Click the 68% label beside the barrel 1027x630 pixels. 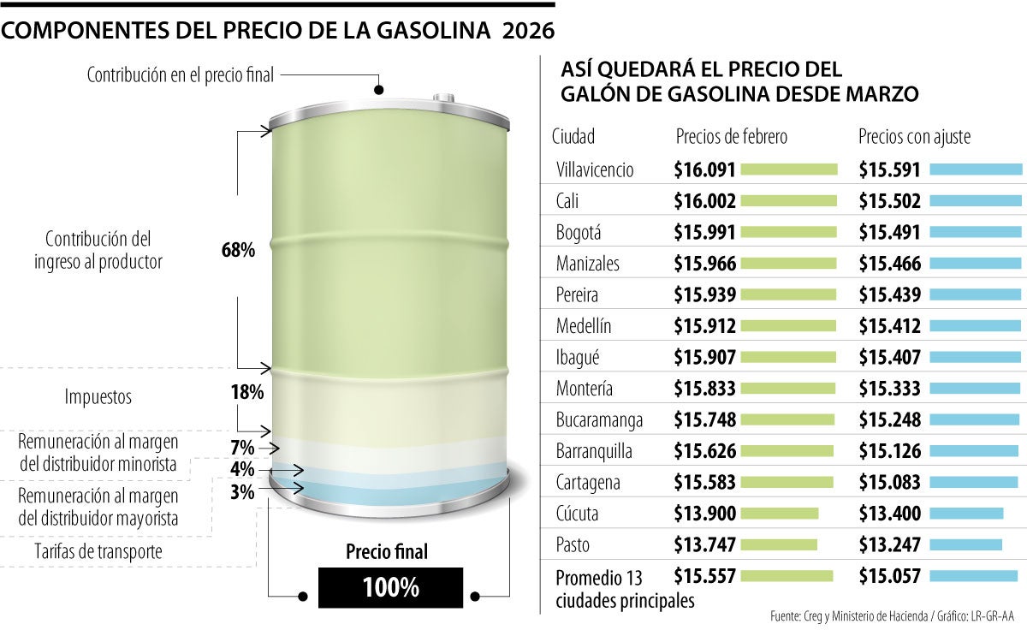pyautogui.click(x=238, y=251)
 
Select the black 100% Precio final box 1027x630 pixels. pyautogui.click(x=390, y=588)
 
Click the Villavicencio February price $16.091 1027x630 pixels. pyautogui.click(x=704, y=169)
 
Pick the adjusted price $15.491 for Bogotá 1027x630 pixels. pyautogui.click(x=889, y=232)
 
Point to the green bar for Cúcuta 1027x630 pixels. pyautogui.click(x=779, y=514)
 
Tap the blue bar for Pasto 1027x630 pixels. pyautogui.click(x=965, y=544)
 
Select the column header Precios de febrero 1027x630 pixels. pyautogui.click(x=731, y=137)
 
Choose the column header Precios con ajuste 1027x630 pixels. pyautogui.click(x=914, y=137)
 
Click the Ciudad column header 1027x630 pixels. pyautogui.click(x=573, y=137)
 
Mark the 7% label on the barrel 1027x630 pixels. pyautogui.click(x=242, y=448)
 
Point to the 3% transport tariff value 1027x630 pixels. pyautogui.click(x=242, y=492)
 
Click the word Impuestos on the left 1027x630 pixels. pyautogui.click(x=98, y=397)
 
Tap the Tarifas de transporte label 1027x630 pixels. pyautogui.click(x=98, y=552)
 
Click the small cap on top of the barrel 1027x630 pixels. pyautogui.click(x=444, y=98)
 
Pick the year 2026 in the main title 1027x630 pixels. pyautogui.click(x=528, y=31)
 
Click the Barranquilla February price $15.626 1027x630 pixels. pyautogui.click(x=704, y=451)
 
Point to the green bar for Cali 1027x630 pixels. pyautogui.click(x=787, y=201)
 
